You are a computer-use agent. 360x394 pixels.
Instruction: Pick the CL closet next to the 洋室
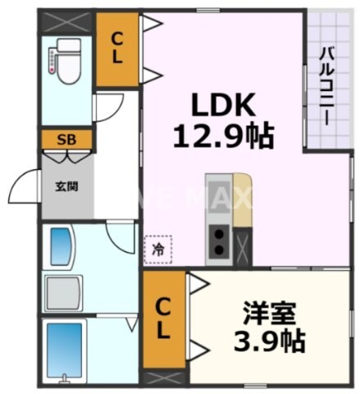(164, 320)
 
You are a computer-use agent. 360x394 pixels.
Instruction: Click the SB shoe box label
(66, 140)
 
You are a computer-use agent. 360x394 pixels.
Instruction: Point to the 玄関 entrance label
(66, 186)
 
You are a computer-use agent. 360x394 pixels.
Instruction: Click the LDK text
(224, 105)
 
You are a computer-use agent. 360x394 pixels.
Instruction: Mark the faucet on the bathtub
(63, 379)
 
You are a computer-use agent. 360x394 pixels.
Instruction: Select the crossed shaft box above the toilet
(67, 20)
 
